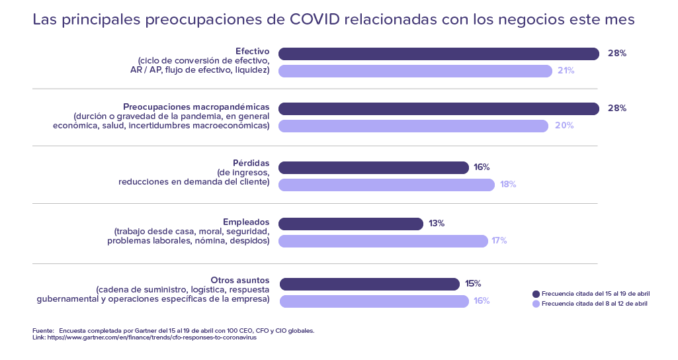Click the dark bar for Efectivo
(439, 54)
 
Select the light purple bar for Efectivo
(415, 71)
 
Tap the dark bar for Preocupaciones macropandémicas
(439, 109)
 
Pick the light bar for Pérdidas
(386, 185)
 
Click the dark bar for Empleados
(351, 224)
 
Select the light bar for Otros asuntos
(374, 301)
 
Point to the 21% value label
(566, 71)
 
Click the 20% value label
(564, 126)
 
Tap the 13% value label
(437, 224)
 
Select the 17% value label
(499, 241)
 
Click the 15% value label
(473, 284)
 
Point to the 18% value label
(508, 185)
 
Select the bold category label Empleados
(246, 222)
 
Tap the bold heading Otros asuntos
(239, 281)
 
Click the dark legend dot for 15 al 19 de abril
(536, 294)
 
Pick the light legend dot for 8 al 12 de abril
(536, 304)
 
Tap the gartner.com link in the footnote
(151, 337)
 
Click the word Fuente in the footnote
(43, 330)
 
